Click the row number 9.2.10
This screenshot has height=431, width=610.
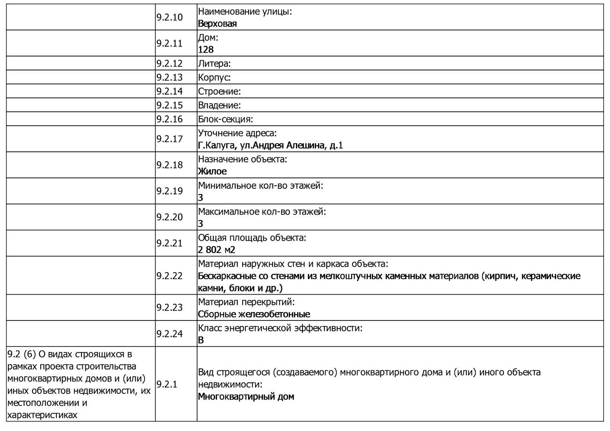click(169, 17)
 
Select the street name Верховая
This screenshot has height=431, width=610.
click(217, 24)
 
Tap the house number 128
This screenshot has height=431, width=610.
click(206, 49)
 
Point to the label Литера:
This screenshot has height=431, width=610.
click(214, 63)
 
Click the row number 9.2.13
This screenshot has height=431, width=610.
click(169, 77)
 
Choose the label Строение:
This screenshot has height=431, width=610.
click(219, 91)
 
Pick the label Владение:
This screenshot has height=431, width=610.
click(219, 105)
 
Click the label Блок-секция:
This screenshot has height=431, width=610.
click(225, 119)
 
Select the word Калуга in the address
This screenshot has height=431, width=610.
click(217, 145)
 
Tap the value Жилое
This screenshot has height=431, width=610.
click(212, 171)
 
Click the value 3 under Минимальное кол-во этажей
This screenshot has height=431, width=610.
click(201, 198)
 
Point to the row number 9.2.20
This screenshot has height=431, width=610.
click(169, 217)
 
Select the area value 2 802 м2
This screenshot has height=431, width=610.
click(217, 250)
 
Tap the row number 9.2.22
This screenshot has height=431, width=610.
click(169, 275)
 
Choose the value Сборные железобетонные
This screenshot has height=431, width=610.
click(254, 314)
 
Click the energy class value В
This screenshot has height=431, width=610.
click(201, 340)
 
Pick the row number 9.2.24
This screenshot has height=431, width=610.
click(169, 334)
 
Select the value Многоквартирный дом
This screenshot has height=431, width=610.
click(246, 397)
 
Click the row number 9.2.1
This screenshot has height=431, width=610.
click(167, 384)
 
